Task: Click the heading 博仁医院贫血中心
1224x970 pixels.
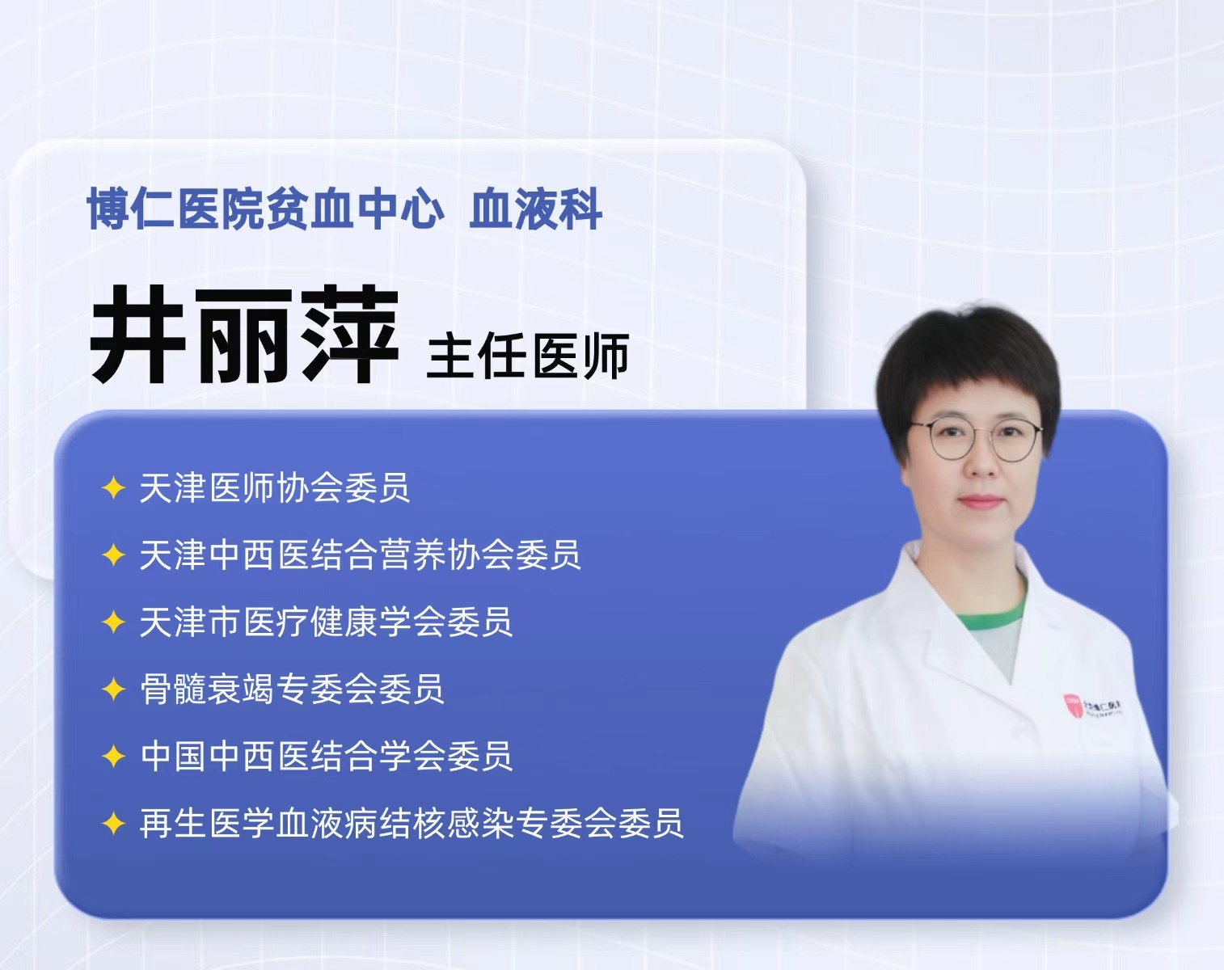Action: click(265, 209)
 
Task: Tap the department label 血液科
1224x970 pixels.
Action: click(535, 209)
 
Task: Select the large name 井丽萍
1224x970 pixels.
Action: click(244, 334)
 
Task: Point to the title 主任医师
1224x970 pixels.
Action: click(528, 356)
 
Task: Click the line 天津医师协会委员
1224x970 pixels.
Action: click(275, 487)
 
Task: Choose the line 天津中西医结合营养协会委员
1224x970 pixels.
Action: click(360, 555)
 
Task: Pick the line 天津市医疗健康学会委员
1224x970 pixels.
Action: click(326, 622)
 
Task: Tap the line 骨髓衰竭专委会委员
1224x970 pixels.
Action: click(292, 689)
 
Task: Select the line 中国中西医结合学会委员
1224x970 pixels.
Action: click(326, 756)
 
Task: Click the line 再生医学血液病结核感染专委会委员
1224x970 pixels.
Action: click(412, 823)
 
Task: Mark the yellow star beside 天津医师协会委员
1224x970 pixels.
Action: click(113, 488)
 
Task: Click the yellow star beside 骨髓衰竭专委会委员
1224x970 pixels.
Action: click(113, 690)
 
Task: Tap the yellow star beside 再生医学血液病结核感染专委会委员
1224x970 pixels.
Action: click(113, 823)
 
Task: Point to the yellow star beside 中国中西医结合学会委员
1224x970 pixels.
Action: click(113, 757)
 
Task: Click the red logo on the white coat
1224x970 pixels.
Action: click(1073, 705)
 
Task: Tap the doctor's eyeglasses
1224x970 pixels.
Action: click(976, 439)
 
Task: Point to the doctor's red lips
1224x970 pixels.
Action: click(979, 502)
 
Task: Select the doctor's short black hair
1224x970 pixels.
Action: click(967, 364)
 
